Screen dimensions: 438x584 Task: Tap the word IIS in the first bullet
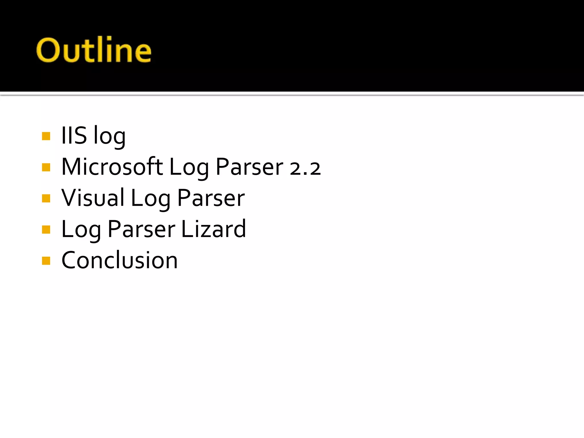[x=74, y=135]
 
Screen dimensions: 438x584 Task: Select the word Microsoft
[x=112, y=167]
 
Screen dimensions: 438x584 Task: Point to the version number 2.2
[x=305, y=168]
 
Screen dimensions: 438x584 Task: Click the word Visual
[x=93, y=198]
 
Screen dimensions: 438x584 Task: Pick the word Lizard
[x=213, y=229]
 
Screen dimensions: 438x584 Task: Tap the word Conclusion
[x=119, y=260]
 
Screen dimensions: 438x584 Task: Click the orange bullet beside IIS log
[x=46, y=136]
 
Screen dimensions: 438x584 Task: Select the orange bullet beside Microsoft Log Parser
[x=46, y=167]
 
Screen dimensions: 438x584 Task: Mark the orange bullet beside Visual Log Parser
[x=46, y=198]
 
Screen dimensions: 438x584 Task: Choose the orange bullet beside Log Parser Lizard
[x=46, y=229]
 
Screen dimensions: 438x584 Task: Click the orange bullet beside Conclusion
[x=46, y=261]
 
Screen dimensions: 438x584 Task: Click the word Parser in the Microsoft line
[x=249, y=167]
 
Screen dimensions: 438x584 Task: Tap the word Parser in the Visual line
[x=211, y=198]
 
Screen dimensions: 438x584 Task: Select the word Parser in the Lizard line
[x=141, y=229]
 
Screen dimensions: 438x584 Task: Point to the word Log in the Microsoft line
[x=189, y=168]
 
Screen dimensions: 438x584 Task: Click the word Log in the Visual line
[x=150, y=199]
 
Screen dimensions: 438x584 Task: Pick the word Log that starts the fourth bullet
[x=81, y=230]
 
